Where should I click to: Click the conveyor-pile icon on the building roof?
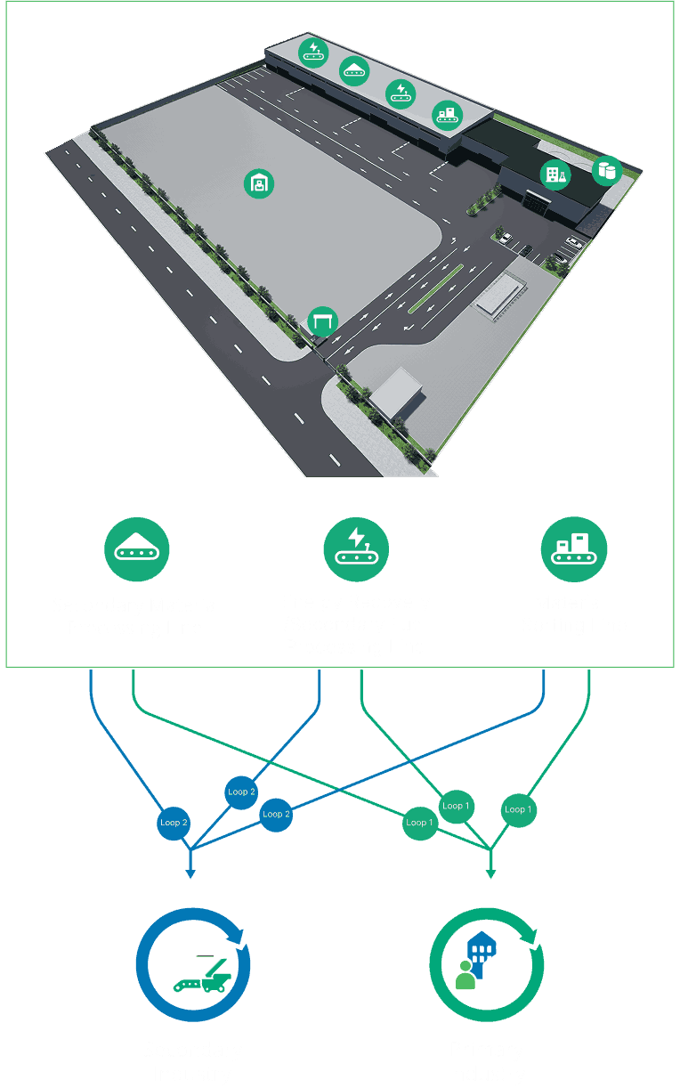coord(356,69)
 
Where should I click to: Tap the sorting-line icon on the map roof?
coord(447,114)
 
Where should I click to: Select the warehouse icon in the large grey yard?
coord(258,183)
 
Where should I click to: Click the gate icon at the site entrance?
coord(322,321)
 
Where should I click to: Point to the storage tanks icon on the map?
coord(607,169)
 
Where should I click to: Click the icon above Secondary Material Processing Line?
coord(136,550)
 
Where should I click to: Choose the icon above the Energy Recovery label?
coord(355,550)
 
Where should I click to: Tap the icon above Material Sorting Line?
coord(574,550)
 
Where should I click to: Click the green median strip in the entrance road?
coord(435,288)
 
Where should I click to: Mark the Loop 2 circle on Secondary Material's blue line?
coord(174,823)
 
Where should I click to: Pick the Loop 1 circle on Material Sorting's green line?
coord(518,809)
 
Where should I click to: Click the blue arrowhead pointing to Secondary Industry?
coord(190,873)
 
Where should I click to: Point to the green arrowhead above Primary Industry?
coord(490,873)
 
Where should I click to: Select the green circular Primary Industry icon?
coord(487,964)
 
